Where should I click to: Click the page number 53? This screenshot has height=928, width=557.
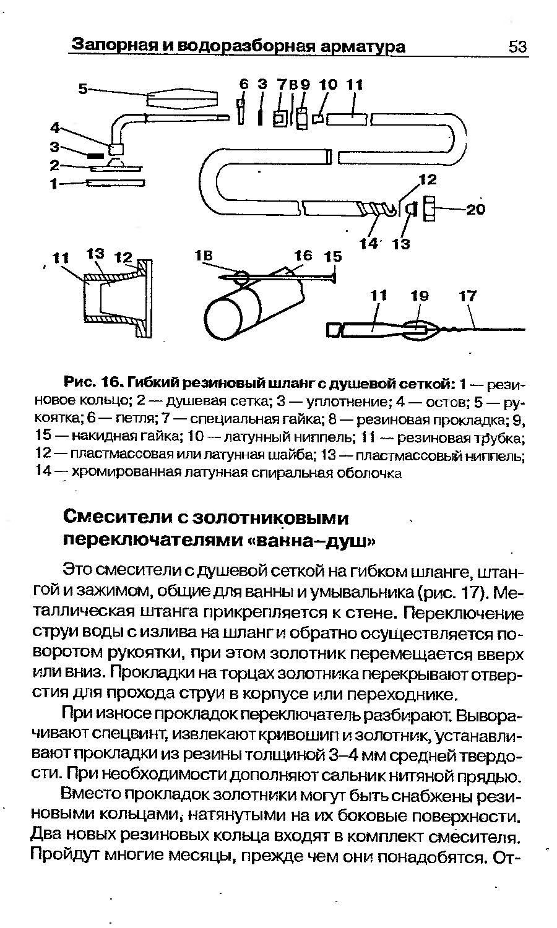click(x=517, y=47)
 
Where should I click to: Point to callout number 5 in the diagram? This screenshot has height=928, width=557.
click(x=82, y=88)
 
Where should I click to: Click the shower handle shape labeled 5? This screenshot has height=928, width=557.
click(x=183, y=98)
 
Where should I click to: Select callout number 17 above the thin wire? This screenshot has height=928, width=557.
click(x=468, y=296)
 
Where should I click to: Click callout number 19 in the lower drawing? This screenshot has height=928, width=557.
click(x=420, y=296)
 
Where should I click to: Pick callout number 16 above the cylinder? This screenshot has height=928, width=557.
click(x=303, y=256)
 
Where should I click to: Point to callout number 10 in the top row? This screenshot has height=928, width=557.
click(x=328, y=84)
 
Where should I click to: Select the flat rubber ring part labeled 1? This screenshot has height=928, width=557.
click(x=116, y=183)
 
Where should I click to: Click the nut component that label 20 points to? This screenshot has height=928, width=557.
click(x=429, y=208)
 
